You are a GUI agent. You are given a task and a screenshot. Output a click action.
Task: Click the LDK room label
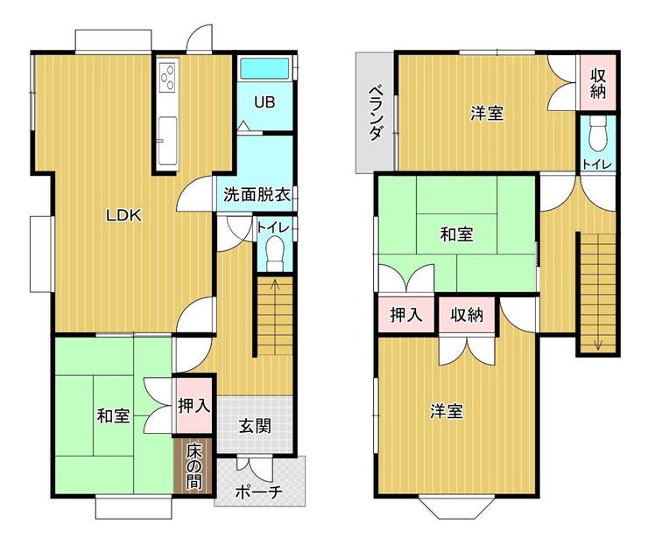click(123, 215)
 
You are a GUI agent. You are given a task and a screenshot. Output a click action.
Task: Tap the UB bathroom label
click(264, 102)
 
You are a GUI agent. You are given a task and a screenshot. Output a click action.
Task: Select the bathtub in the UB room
click(265, 68)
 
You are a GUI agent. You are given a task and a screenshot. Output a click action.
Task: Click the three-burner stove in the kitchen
click(168, 76)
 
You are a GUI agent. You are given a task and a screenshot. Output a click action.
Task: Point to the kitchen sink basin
click(168, 139)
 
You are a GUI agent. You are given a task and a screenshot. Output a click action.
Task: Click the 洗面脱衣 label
click(257, 194)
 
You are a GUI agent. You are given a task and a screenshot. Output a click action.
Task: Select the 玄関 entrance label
click(255, 426)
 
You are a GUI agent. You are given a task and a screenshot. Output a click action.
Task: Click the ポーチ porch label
click(258, 492)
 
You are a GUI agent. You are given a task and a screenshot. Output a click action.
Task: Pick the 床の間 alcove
click(194, 466)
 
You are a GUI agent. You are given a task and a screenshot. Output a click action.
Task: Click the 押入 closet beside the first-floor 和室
click(194, 406)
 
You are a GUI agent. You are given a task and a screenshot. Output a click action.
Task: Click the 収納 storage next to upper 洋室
click(598, 82)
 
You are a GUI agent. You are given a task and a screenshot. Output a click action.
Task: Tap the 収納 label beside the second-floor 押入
click(467, 315)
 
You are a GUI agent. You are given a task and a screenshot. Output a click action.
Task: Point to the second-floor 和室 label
click(456, 234)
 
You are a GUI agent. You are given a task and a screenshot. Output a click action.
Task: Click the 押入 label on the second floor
click(406, 315)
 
